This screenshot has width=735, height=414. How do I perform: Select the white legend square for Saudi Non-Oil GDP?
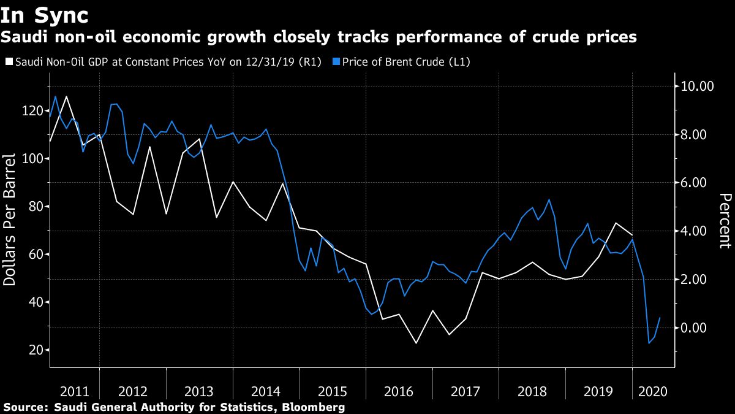[9, 62]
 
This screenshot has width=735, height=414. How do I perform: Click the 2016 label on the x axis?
[399, 391]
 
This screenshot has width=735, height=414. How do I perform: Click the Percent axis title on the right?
[725, 221]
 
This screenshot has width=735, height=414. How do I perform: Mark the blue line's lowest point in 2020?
[649, 343]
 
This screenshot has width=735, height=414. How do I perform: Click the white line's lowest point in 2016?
[417, 343]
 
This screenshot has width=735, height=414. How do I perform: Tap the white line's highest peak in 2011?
[66, 96]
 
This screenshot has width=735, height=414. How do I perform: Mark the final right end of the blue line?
[660, 318]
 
